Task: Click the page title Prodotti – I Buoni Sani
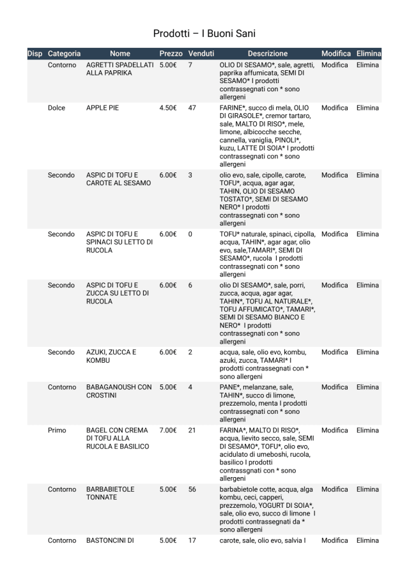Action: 204,33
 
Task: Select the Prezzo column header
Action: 171,54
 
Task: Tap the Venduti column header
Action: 201,54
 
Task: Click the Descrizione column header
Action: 268,54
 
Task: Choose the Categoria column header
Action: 64,54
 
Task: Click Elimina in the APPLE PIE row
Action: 367,108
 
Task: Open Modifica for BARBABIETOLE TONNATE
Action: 336,489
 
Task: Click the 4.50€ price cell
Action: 167,108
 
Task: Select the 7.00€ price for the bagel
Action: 167,430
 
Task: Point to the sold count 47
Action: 192,108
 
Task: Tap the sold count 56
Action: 192,489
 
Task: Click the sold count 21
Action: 192,430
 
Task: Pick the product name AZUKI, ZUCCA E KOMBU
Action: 111,356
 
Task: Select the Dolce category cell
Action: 56,108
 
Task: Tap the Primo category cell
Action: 57,430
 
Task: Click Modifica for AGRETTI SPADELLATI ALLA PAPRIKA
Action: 336,65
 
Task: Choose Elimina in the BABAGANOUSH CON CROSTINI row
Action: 367,387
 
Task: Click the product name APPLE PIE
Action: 102,108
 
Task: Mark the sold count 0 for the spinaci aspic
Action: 190,234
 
